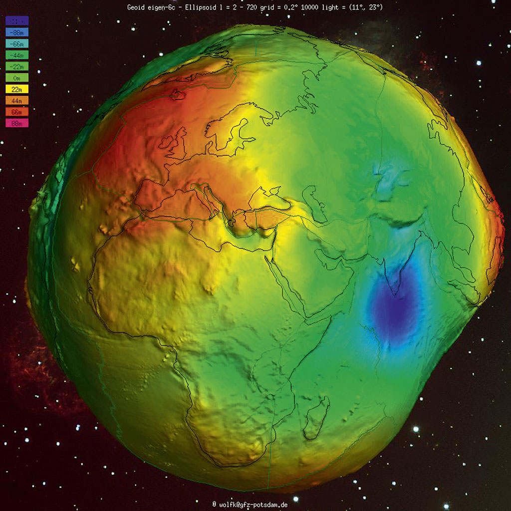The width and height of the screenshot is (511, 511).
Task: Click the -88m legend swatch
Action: [17, 32]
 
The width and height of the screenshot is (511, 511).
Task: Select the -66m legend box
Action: [17, 43]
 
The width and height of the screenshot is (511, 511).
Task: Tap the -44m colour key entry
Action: [17, 55]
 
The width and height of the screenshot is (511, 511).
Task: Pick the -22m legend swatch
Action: [17, 66]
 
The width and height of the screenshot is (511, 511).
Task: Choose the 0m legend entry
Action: [17, 78]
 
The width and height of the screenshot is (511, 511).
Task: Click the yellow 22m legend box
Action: [17, 89]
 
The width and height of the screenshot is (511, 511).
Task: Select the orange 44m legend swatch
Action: [17, 100]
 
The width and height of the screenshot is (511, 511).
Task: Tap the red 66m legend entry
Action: [17, 112]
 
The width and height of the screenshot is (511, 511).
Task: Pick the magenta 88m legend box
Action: [17, 123]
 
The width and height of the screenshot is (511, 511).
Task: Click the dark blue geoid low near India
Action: [394, 312]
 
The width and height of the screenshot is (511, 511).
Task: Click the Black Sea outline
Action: [270, 197]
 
